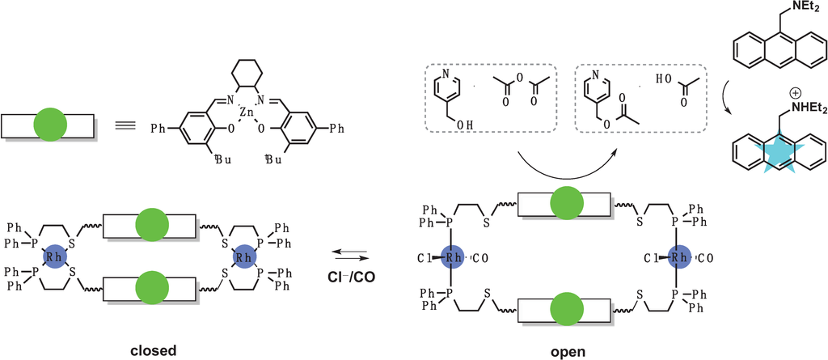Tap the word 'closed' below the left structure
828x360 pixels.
[153, 350]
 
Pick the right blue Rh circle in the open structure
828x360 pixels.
[683, 258]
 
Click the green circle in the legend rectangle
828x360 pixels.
[50, 126]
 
